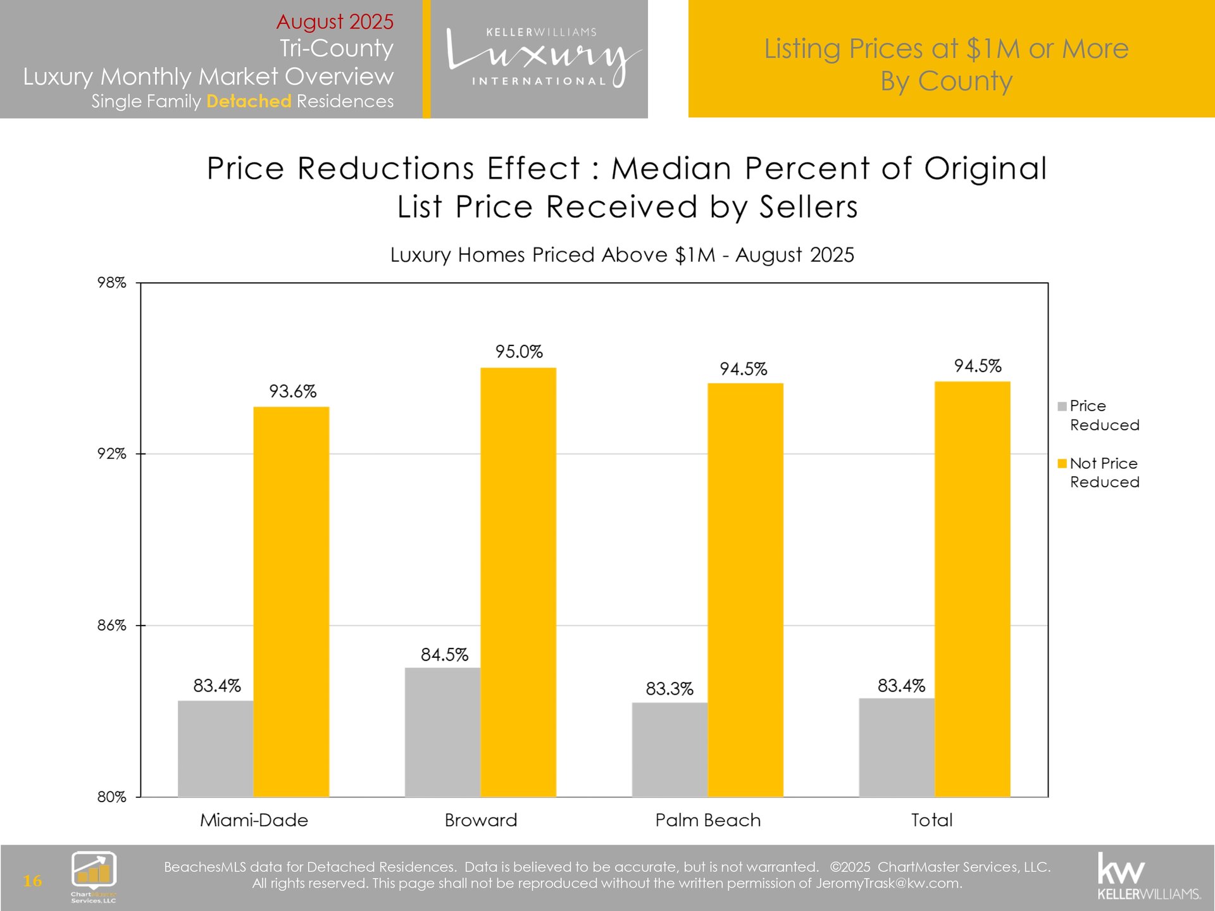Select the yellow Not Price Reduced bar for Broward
518,582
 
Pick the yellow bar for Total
972,588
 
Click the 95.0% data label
519,352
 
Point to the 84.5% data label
444,655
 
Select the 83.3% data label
670,688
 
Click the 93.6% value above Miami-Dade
292,392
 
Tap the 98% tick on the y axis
112,283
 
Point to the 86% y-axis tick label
112,626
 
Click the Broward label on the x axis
481,821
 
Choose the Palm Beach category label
708,821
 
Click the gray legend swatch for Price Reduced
1062,406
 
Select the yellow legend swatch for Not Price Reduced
1062,464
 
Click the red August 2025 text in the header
335,22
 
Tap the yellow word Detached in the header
249,101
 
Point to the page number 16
32,881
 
